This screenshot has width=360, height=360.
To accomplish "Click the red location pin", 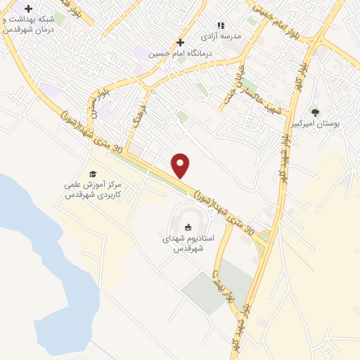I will click(181, 165).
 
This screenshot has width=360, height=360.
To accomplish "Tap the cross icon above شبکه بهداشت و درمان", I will click(28, 8).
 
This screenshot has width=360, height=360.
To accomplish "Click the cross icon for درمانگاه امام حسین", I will click(181, 42).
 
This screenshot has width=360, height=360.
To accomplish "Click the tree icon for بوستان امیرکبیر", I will click(315, 112).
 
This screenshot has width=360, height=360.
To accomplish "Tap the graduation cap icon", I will click(92, 174).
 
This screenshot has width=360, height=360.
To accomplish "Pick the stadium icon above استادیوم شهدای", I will click(188, 226).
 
